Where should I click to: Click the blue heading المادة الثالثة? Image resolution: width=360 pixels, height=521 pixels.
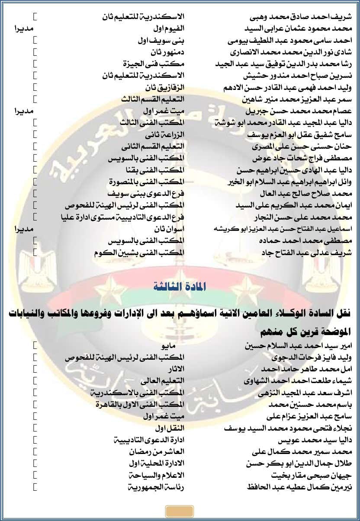[180, 286]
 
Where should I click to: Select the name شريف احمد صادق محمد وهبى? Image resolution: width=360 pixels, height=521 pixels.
[301, 17]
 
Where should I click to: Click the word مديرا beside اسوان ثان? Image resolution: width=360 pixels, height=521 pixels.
[25, 229]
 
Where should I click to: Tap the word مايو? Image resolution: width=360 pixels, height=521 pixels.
[168, 346]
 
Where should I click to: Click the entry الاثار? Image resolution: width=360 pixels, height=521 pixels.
[176, 369]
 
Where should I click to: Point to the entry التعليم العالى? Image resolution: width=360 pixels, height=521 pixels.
[162, 381]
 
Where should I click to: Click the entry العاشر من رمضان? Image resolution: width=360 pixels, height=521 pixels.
[157, 451]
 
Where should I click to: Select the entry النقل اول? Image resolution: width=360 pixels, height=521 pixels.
[170, 428]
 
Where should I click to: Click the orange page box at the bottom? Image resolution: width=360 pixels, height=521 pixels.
[179, 511]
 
